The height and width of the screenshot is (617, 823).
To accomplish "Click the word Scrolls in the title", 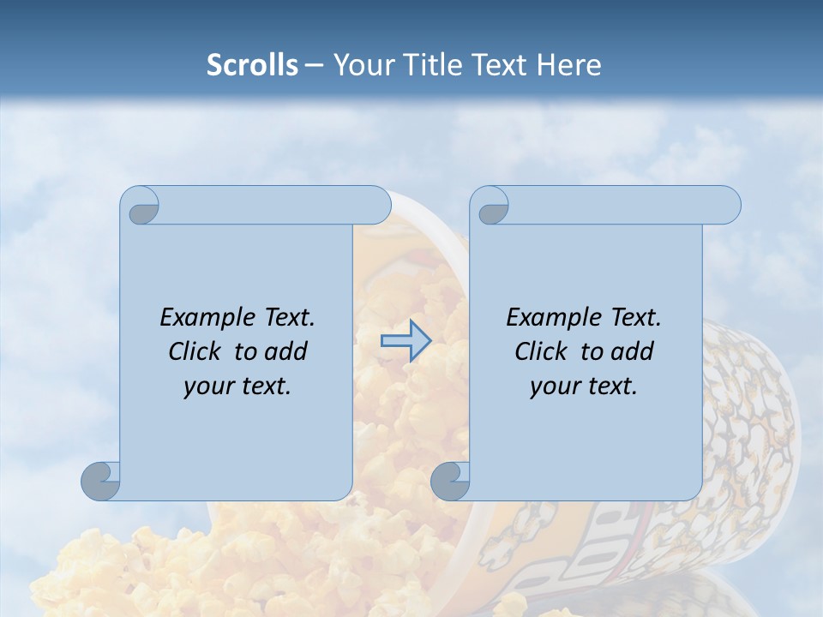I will click(x=252, y=65).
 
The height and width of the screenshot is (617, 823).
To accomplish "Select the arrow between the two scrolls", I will click(x=405, y=341).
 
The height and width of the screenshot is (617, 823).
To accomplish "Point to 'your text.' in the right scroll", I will click(x=584, y=386).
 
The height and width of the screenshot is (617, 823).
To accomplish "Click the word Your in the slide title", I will click(x=359, y=65).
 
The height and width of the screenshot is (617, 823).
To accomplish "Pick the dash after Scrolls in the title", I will click(x=314, y=66).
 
